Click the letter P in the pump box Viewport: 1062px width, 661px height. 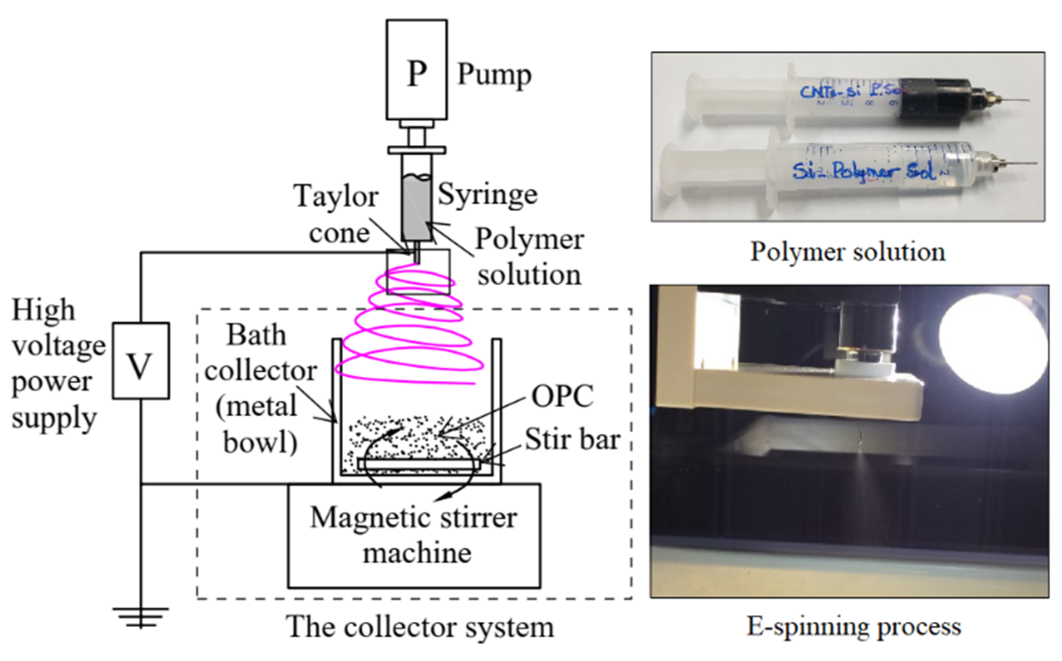[416, 74]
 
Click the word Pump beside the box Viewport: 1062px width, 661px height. [494, 75]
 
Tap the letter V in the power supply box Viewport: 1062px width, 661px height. [140, 367]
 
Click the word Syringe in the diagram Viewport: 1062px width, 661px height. [487, 194]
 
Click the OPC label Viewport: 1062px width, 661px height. [562, 397]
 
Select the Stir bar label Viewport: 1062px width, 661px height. [572, 439]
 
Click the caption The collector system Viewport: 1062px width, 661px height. [420, 627]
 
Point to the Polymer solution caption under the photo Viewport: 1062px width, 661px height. [847, 252]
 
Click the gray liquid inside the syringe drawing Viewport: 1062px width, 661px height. [416, 209]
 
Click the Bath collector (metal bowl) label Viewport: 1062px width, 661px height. [259, 389]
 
